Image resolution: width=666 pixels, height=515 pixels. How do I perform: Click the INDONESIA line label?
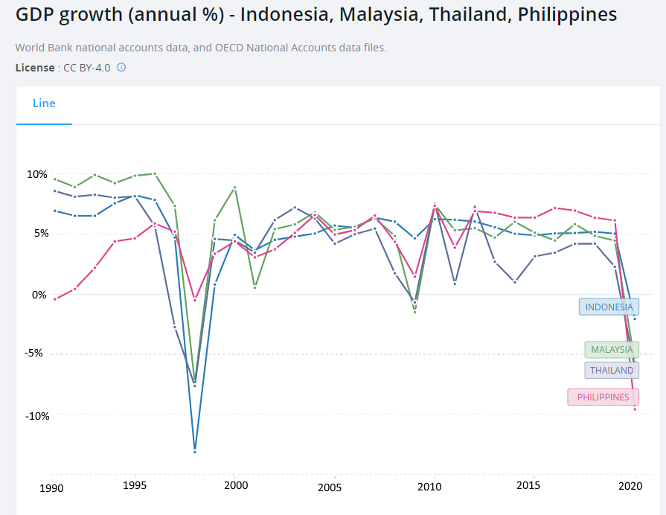pos(609,307)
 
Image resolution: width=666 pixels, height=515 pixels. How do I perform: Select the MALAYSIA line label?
pos(611,349)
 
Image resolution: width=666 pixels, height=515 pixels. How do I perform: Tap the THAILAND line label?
pos(611,370)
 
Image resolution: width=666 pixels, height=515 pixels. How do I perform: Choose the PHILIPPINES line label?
pos(603,397)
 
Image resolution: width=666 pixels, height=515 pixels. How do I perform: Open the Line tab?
pos(44,103)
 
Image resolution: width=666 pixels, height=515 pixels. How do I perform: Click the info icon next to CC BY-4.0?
pos(121,67)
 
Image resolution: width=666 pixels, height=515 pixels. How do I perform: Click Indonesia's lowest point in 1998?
pos(195,450)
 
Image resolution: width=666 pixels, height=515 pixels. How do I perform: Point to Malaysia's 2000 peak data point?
pos(235,188)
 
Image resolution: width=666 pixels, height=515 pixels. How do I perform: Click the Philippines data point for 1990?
pos(55,299)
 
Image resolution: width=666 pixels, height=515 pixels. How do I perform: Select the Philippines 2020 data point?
pos(635,409)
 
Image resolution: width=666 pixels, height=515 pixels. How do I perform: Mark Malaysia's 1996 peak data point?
pos(155,173)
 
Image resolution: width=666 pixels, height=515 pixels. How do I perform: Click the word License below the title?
pos(34,68)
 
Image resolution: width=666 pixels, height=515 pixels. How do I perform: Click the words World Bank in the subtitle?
pos(43,48)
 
